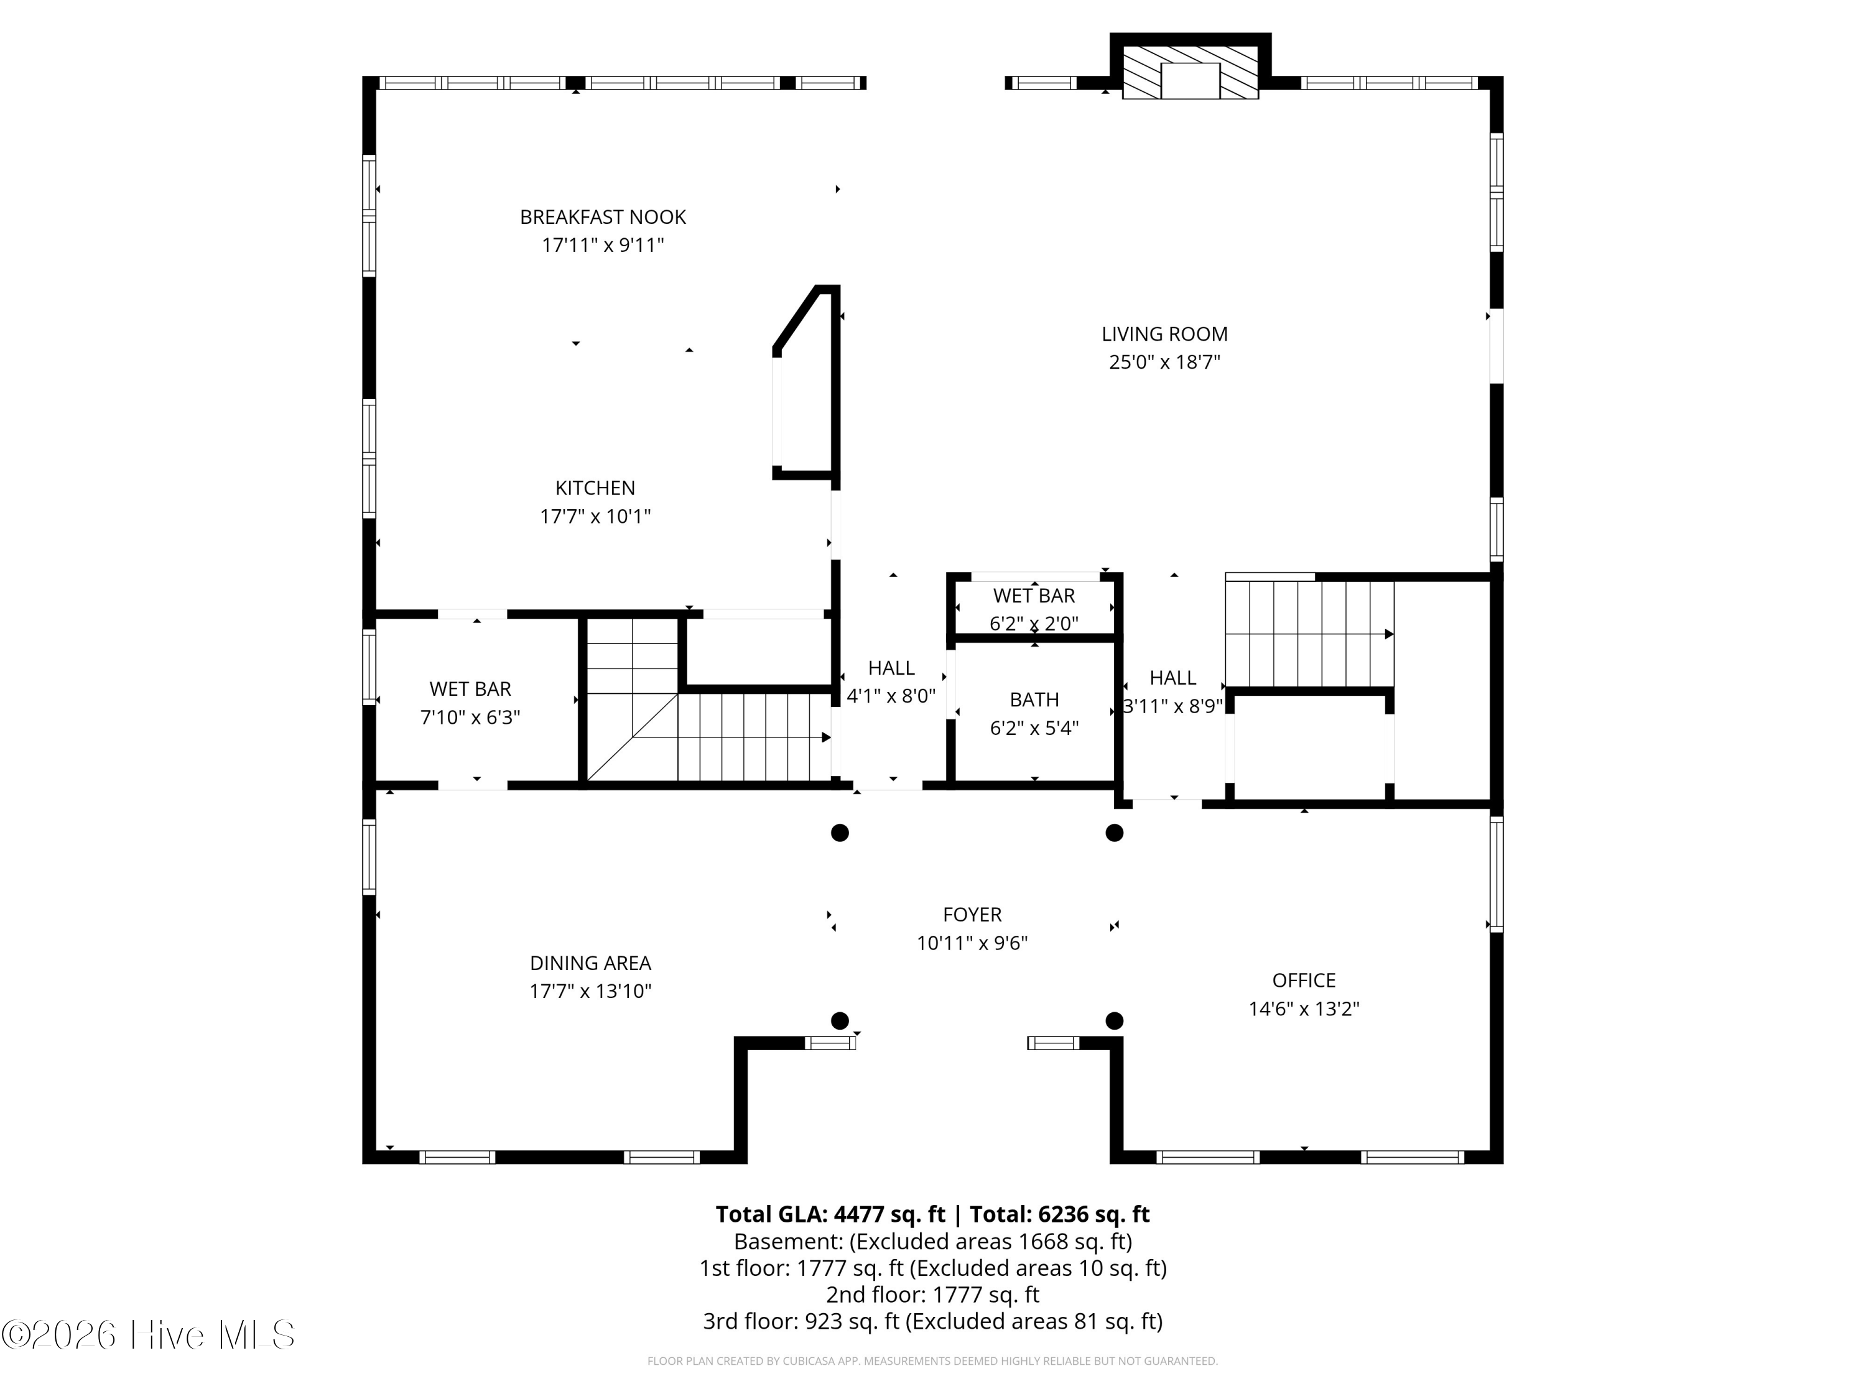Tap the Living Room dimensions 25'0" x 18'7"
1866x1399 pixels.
coord(1164,362)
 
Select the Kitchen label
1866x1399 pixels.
coord(595,487)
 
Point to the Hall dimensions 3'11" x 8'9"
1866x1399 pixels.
coord(1172,706)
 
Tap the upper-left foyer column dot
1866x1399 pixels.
coord(839,833)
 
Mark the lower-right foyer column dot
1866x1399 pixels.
coord(1115,1021)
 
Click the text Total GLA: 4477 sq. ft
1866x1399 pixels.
coord(830,1214)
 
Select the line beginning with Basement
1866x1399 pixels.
coord(932,1241)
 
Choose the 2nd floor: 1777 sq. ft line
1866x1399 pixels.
coord(932,1295)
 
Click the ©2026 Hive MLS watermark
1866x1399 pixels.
coord(149,1335)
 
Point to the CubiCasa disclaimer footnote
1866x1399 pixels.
coord(932,1361)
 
